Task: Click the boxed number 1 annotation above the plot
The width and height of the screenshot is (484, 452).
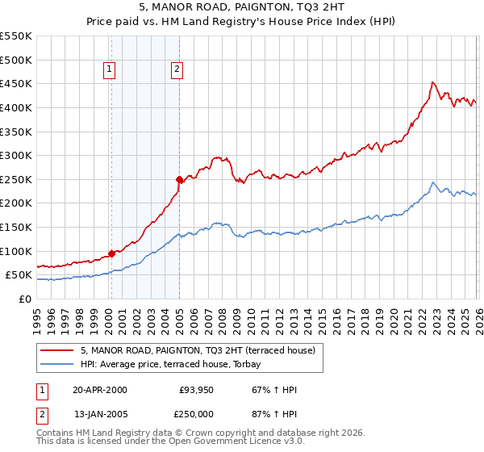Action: [x=109, y=70]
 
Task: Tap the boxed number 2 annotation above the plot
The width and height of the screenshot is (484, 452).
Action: [x=176, y=70]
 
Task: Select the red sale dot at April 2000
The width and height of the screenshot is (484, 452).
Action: [x=111, y=253]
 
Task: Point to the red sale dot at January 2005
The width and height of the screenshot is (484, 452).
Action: [x=179, y=179]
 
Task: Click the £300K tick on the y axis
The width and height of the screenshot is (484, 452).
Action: [x=16, y=155]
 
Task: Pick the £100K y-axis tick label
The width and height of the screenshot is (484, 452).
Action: [x=16, y=251]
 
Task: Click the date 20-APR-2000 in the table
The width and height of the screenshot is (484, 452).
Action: [x=100, y=390]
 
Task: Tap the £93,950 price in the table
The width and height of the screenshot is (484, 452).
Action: [x=196, y=390]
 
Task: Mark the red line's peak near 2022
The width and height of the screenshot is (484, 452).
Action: [x=432, y=82]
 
